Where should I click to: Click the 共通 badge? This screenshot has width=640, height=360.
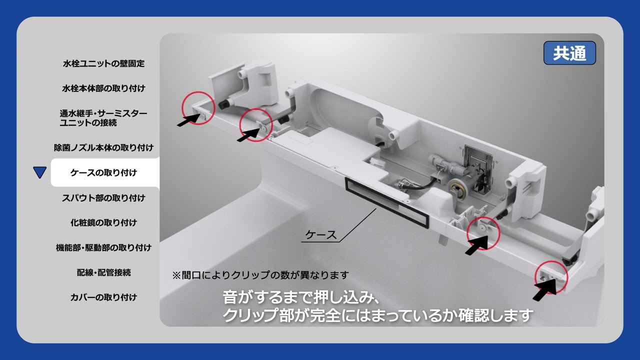coord(569,53)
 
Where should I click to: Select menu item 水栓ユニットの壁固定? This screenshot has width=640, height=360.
coord(103,63)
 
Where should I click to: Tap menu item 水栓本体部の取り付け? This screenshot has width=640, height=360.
coord(103,88)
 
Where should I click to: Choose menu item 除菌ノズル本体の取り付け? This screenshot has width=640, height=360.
coord(103,148)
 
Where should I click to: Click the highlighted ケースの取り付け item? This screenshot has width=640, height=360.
coord(103,173)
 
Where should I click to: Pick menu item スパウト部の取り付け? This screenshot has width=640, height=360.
coord(103,198)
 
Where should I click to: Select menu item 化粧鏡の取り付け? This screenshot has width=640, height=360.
coord(103,223)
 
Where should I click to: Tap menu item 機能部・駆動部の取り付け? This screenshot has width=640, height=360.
coord(103,247)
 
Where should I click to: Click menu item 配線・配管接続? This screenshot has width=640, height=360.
coord(103,272)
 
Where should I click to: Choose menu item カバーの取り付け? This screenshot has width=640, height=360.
coord(103,297)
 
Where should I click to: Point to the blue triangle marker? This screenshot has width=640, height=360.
coord(39,173)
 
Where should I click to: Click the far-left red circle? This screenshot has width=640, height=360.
coord(198,108)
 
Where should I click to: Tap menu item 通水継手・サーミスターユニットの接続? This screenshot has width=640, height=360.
coord(103,118)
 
